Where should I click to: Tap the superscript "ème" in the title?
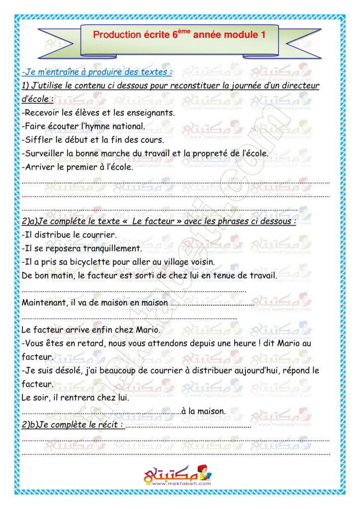coord(184,31)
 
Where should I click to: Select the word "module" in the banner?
coord(243,35)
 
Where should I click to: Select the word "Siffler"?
coord(39,140)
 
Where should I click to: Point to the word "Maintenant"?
coord(45,302)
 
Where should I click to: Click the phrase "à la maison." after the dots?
coord(204,411)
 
